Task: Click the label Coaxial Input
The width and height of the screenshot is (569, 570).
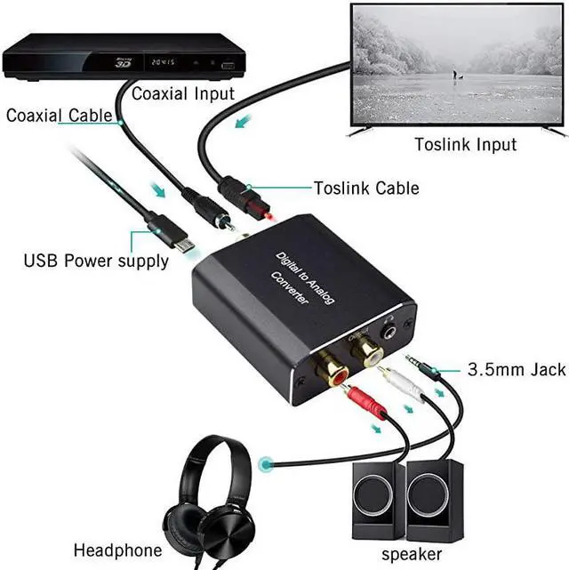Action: coord(183,93)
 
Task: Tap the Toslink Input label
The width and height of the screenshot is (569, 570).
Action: coord(466,144)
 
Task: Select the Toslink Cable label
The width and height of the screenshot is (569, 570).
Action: coord(366,189)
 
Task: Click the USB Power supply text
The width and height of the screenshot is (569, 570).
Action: coord(96,261)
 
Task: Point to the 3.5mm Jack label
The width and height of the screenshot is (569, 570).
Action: coord(517,369)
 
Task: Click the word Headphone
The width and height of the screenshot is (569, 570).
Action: coord(118,550)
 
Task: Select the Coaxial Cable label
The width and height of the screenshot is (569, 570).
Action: coord(60,116)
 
